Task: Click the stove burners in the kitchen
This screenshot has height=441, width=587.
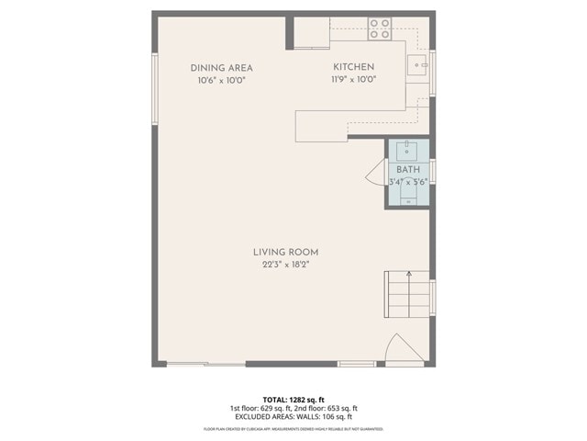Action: [379, 28]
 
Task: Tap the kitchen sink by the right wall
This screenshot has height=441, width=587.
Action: [418, 65]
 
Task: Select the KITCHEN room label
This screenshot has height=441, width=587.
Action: [353, 68]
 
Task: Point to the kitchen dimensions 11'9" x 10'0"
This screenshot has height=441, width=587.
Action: [353, 80]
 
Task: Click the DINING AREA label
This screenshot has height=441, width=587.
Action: [221, 68]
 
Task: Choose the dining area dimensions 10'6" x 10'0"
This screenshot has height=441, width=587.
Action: [221, 80]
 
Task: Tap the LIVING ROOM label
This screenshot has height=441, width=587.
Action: [286, 252]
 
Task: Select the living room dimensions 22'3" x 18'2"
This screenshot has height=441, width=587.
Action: [286, 266]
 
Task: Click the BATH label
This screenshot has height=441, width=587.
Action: [407, 170]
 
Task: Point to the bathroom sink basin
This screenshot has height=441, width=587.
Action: [407, 150]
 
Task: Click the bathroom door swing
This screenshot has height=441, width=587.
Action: [374, 172]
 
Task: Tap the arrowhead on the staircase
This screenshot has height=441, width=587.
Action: [405, 273]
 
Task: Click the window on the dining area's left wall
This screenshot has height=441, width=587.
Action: [154, 88]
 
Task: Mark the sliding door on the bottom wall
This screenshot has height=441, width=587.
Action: [206, 364]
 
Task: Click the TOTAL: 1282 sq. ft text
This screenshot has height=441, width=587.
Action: [293, 399]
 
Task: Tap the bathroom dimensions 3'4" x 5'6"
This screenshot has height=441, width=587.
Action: [407, 182]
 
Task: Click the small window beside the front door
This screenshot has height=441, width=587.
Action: [356, 364]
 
